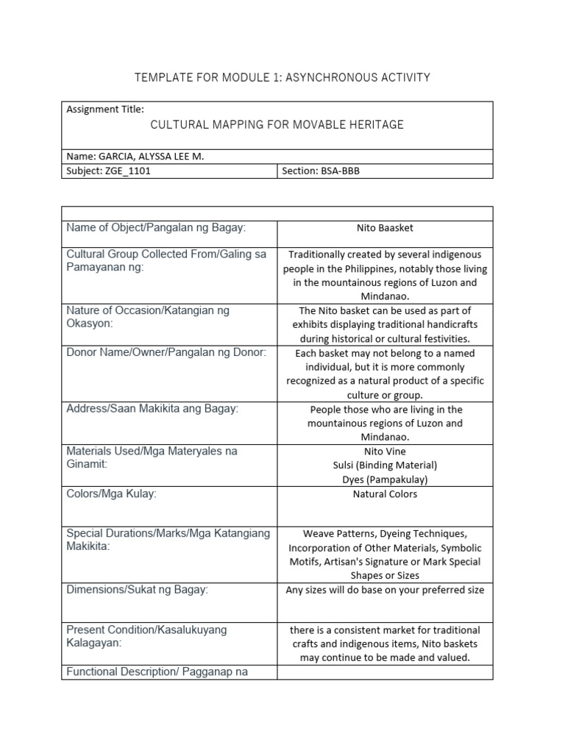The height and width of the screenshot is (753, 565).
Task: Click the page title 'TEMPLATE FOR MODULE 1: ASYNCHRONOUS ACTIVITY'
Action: [282, 77]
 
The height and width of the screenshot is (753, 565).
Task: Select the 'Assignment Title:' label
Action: [105, 109]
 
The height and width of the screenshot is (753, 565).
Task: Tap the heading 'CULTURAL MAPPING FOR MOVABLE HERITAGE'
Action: [277, 125]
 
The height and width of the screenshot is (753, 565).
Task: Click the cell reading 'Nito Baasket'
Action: [385, 228]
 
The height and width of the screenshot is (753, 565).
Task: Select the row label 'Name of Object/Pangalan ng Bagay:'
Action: [156, 228]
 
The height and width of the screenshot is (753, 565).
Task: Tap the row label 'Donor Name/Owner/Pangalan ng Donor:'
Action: [166, 353]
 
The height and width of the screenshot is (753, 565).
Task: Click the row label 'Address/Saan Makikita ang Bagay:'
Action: [152, 409]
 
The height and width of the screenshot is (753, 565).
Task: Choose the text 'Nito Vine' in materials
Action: [385, 451]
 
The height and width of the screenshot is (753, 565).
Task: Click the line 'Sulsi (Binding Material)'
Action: [385, 465]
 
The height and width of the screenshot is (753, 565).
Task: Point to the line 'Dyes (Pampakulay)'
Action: [385, 479]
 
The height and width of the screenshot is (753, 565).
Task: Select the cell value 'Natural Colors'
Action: [385, 494]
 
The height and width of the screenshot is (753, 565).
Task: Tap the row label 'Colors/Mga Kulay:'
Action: [111, 494]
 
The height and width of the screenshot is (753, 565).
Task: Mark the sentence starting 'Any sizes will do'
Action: [385, 590]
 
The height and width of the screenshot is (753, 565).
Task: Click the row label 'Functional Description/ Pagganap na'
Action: [157, 671]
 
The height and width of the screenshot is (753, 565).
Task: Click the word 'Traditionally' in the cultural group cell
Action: [319, 254]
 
